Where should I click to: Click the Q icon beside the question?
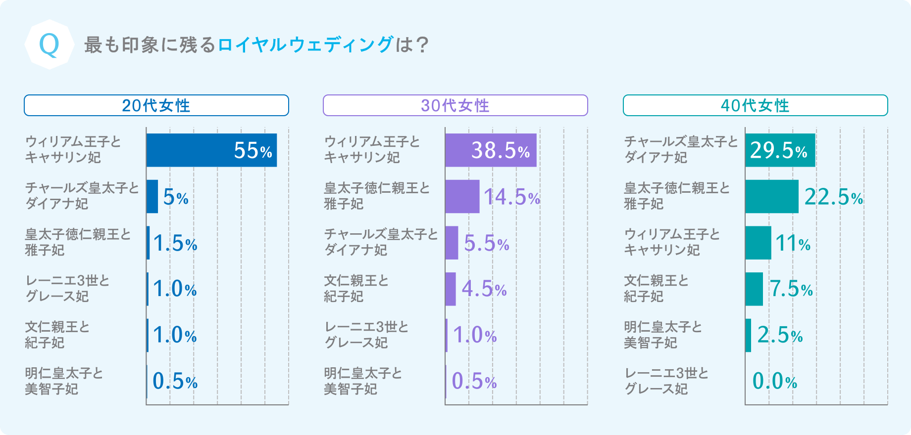pos(49,44)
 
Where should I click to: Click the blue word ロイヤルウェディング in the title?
pos(305,44)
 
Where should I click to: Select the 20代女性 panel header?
pos(156,105)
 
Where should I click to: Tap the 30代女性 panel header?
pos(455,105)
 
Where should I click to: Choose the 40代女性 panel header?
pos(755,105)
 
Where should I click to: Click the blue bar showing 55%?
pos(211,150)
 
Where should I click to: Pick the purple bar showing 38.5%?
pos(490,150)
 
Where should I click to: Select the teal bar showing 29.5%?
pos(780,150)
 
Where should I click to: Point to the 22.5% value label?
pos(834,197)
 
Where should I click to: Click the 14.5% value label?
pos(512,197)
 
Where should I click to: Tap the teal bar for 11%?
pos(758,243)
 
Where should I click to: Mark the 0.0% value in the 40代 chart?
pos(775,381)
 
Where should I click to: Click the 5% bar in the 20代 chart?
pos(152,196)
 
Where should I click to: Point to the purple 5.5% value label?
pos(487,243)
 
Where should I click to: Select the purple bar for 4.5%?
pos(451,289)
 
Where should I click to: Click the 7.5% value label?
pos(791,289)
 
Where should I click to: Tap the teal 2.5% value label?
pos(780,336)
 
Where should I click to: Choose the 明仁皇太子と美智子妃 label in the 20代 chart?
pos(64,381)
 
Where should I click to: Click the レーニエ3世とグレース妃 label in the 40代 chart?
pos(666,381)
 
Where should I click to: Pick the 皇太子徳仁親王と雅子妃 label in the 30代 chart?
pos(377,196)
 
